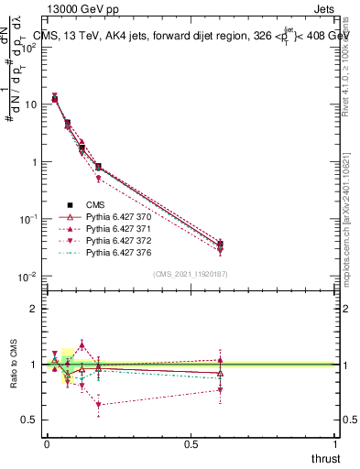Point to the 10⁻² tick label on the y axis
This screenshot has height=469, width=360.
coord(27,277)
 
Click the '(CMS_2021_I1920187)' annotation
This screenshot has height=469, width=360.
coord(191,274)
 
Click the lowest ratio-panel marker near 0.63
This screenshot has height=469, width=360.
coord(98,405)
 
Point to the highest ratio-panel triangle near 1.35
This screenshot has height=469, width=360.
coord(82,344)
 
